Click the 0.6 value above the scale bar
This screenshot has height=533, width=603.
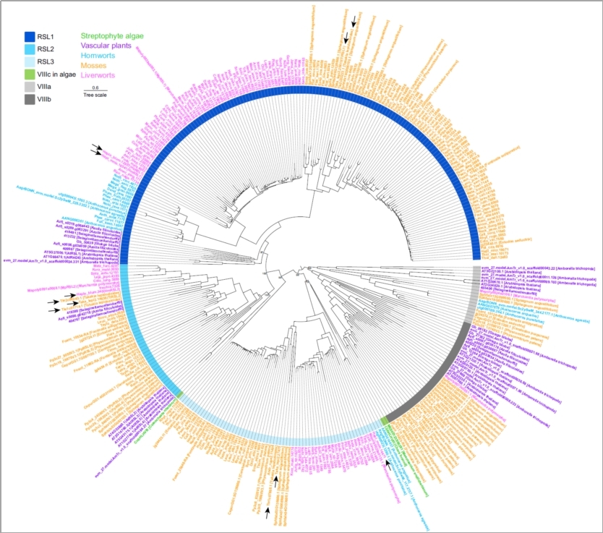95,87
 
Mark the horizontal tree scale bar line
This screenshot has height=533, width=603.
95,90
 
